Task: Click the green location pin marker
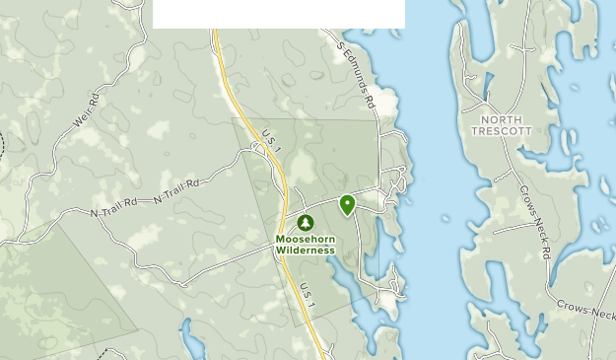(x=347, y=203)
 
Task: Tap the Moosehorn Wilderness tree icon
(x=305, y=223)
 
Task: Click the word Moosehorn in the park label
(x=306, y=240)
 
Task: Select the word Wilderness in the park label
(x=306, y=251)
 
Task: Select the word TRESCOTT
(x=501, y=131)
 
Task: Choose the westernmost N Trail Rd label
(x=110, y=212)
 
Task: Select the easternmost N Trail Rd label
(x=177, y=192)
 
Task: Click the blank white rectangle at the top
(x=279, y=14)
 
